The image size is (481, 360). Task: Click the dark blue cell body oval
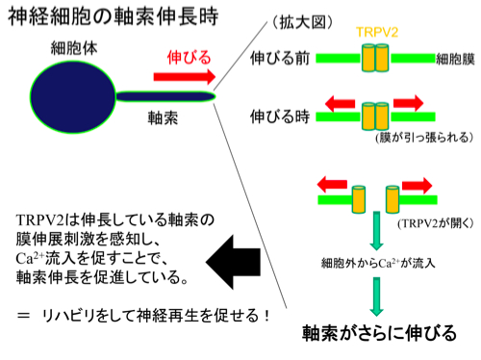click(x=73, y=96)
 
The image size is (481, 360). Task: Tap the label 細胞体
click(x=74, y=48)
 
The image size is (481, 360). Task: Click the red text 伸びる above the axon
click(x=189, y=58)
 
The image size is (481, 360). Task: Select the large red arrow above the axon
click(x=185, y=77)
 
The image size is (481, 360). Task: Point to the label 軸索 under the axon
click(x=163, y=117)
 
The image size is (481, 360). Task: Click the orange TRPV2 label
click(x=377, y=33)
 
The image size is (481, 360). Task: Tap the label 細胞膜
click(x=455, y=60)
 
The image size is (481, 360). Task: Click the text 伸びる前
click(x=280, y=59)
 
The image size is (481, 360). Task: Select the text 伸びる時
click(x=280, y=116)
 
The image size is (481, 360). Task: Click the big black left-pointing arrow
click(x=234, y=262)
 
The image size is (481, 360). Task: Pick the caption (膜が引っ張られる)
click(x=424, y=138)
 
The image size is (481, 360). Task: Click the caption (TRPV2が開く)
click(x=436, y=223)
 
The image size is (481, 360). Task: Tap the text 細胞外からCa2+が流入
click(x=378, y=263)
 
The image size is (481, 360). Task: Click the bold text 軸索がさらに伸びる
click(x=379, y=333)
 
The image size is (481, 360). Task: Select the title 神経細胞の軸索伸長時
click(x=114, y=16)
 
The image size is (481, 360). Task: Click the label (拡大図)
click(x=302, y=23)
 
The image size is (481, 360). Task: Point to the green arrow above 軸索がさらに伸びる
click(x=377, y=296)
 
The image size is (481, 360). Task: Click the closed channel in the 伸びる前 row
click(x=375, y=58)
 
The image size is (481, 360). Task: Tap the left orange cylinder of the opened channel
click(x=359, y=199)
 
